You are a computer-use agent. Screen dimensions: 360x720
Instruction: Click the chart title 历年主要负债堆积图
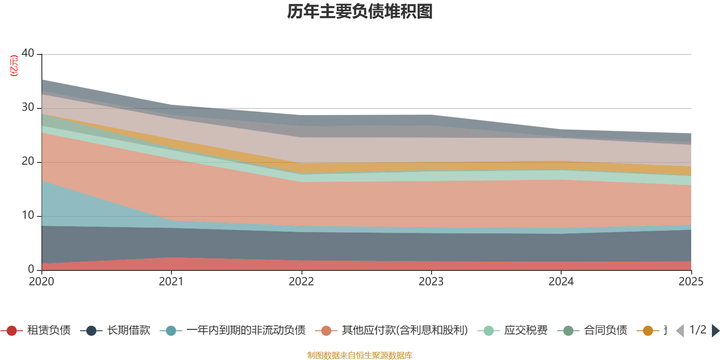tap(360, 12)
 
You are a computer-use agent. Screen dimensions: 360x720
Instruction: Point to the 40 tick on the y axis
tap(28, 53)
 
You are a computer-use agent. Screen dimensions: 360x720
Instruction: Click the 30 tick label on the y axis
tap(28, 107)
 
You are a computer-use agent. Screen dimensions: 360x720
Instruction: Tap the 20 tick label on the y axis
tap(28, 161)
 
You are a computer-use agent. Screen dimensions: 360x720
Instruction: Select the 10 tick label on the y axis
tap(28, 215)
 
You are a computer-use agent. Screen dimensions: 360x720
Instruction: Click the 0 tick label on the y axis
tap(31, 269)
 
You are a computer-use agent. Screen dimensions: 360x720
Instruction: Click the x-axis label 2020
tap(41, 282)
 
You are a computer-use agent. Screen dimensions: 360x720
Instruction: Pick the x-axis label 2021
tap(171, 282)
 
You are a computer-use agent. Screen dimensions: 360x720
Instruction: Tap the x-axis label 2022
tap(301, 282)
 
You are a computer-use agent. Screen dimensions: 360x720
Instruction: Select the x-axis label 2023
tap(431, 282)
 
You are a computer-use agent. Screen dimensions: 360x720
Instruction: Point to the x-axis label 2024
tap(561, 282)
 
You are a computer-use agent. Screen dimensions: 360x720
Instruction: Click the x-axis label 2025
tap(691, 282)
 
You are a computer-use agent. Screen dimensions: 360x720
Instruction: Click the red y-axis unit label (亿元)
tap(14, 66)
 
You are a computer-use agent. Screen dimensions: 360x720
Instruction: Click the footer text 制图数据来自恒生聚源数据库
tap(360, 355)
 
